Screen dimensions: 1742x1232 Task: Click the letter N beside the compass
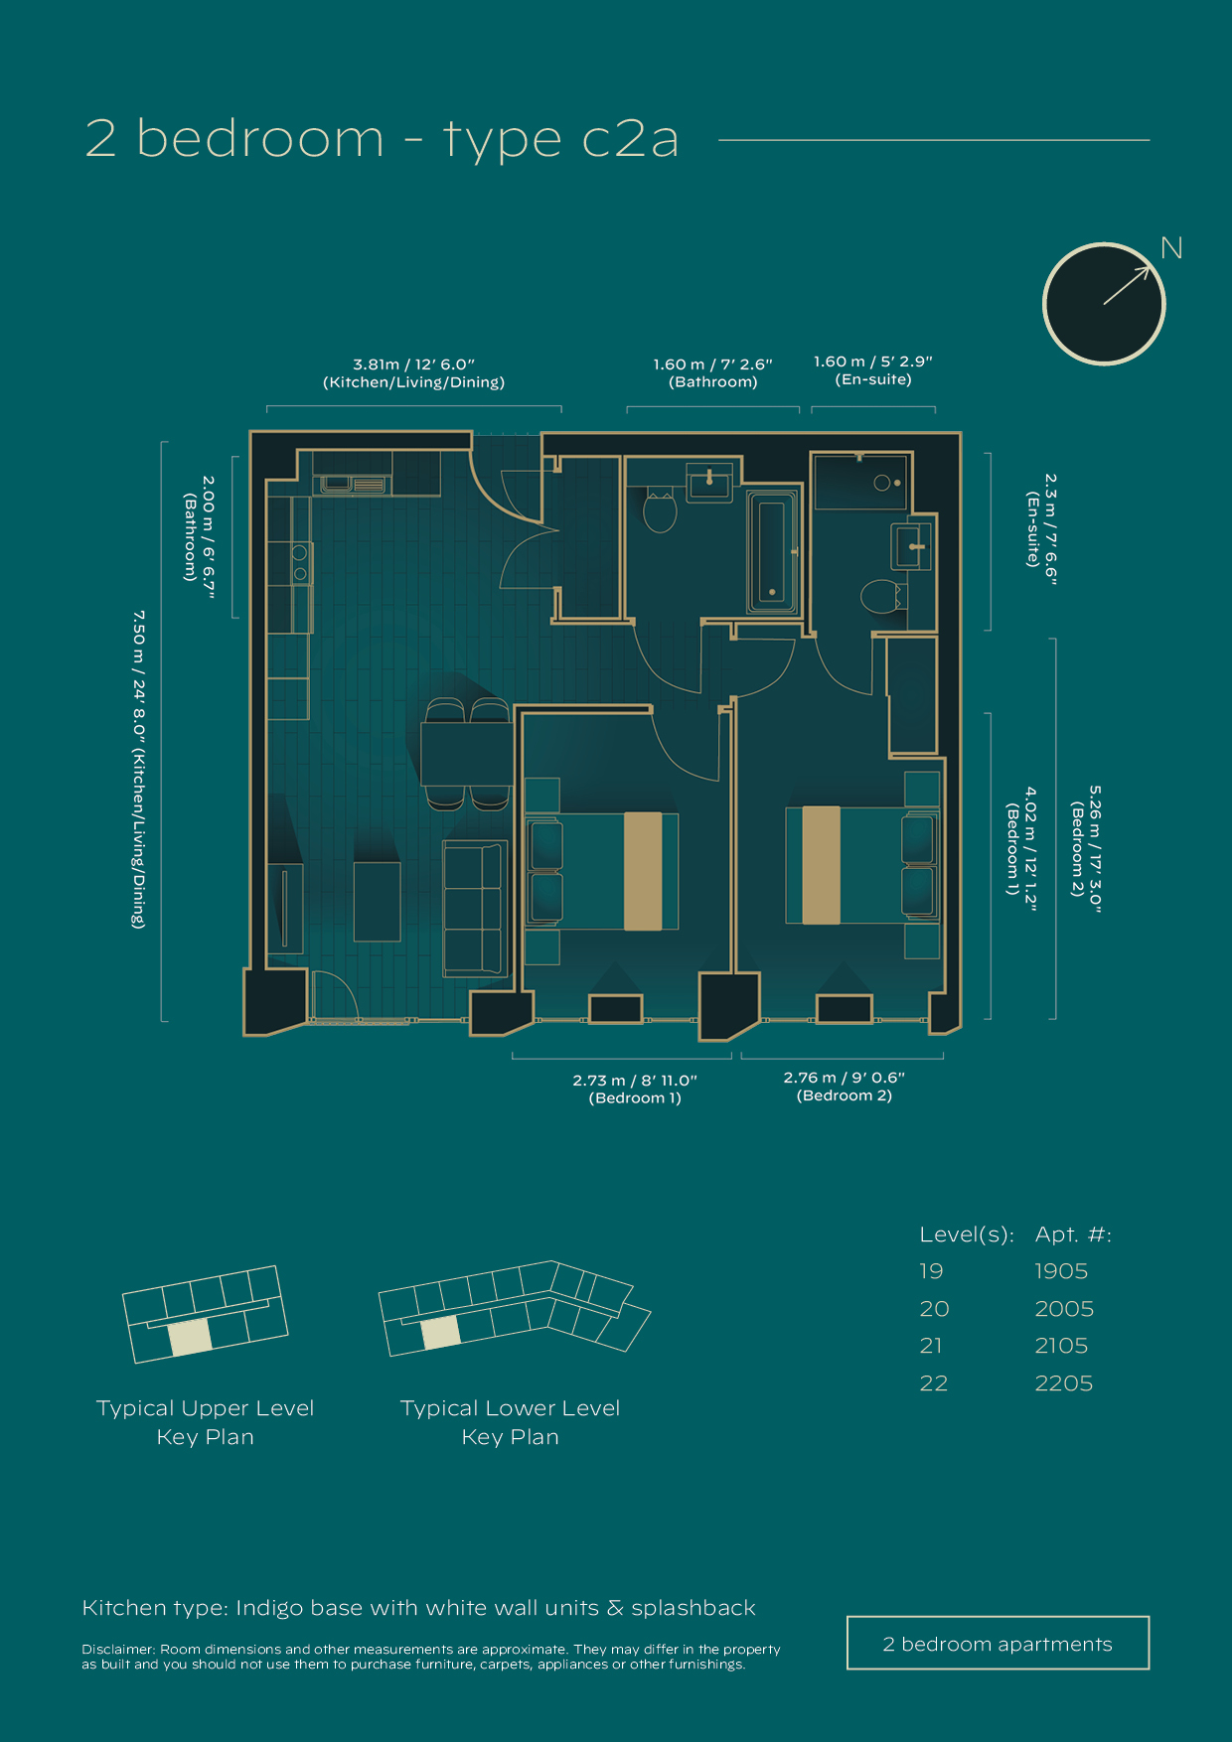tap(1171, 248)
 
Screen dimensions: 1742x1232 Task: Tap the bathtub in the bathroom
tap(772, 551)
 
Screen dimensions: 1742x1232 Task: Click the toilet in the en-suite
tap(878, 598)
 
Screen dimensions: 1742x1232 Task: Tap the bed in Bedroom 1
tap(603, 871)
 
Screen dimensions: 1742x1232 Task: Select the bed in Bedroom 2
tap(860, 865)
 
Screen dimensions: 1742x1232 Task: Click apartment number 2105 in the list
tap(1061, 1346)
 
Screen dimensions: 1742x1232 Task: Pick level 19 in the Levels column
tap(931, 1271)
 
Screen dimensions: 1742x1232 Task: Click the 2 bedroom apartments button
tap(998, 1644)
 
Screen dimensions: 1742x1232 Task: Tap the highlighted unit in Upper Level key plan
tap(190, 1337)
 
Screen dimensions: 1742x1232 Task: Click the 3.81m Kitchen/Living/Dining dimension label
tap(413, 373)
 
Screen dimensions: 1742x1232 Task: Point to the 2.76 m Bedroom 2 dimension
tap(844, 1087)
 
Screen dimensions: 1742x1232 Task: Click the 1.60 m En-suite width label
tap(872, 370)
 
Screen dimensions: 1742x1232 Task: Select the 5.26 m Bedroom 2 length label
tap(1086, 849)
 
